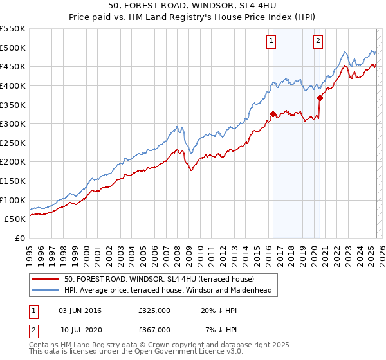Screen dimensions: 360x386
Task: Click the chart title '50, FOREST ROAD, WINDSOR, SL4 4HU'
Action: click(192, 6)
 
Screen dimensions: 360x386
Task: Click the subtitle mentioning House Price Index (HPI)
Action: click(192, 18)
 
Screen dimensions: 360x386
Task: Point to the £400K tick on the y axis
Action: click(14, 85)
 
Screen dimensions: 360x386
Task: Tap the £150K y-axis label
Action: click(14, 181)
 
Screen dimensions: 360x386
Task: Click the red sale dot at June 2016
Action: click(273, 114)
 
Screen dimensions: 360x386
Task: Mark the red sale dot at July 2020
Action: click(320, 98)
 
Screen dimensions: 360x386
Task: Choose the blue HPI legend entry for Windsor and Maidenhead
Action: click(168, 291)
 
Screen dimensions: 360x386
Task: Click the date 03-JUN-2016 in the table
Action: click(80, 310)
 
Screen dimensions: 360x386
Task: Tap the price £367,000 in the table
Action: click(154, 329)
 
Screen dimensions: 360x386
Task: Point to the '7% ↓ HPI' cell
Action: click(219, 329)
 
